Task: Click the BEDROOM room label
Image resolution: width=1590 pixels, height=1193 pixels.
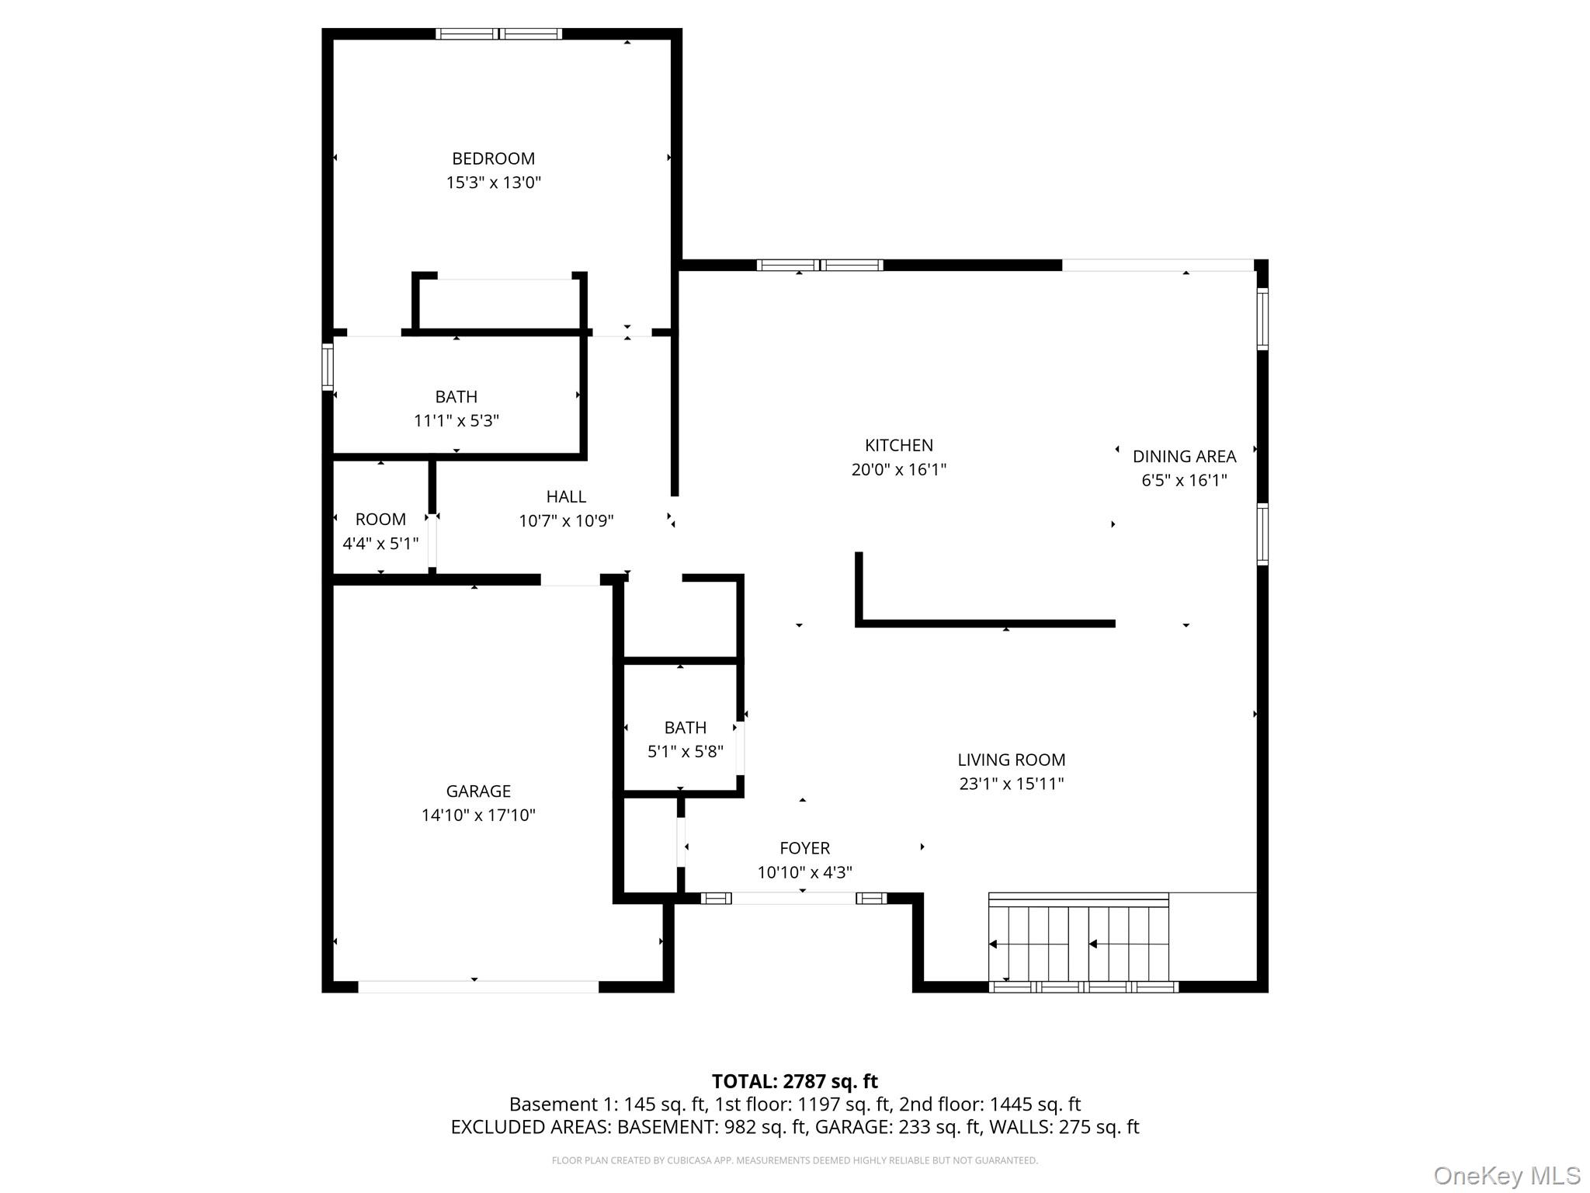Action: coord(493,158)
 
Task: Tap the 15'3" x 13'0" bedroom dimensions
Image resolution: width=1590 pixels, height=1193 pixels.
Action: coord(493,183)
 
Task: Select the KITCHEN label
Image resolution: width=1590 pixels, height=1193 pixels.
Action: coord(898,445)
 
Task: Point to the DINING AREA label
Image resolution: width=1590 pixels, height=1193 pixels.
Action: coord(1183,457)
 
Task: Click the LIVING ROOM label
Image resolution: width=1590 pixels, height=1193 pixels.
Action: coord(1011,760)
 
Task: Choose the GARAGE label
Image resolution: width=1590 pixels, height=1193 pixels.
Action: coord(478,791)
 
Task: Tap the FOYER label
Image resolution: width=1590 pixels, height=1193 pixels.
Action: coord(804,848)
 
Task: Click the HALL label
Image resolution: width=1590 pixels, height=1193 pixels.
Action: coord(566,496)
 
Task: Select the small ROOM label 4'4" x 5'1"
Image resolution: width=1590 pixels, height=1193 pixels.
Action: coord(380,520)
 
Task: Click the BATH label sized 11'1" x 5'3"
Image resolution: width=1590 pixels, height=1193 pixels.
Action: coord(456,397)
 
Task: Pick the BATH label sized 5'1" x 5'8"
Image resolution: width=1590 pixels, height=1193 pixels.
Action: coord(685,728)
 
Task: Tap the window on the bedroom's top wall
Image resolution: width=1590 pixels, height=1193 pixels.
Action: coord(498,33)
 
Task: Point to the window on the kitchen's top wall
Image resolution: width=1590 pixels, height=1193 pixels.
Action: coord(819,265)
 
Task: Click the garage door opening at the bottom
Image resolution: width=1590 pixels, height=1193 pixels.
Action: coord(477,986)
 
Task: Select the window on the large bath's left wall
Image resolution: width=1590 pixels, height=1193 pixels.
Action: coord(328,366)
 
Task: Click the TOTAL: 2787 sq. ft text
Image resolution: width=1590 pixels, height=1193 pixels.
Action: coord(794,1081)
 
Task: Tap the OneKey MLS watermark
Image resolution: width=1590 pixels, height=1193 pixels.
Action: coord(1506,1176)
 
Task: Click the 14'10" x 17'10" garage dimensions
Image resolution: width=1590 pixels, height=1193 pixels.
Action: coord(478,815)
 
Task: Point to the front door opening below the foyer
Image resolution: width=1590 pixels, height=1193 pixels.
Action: coord(793,899)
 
